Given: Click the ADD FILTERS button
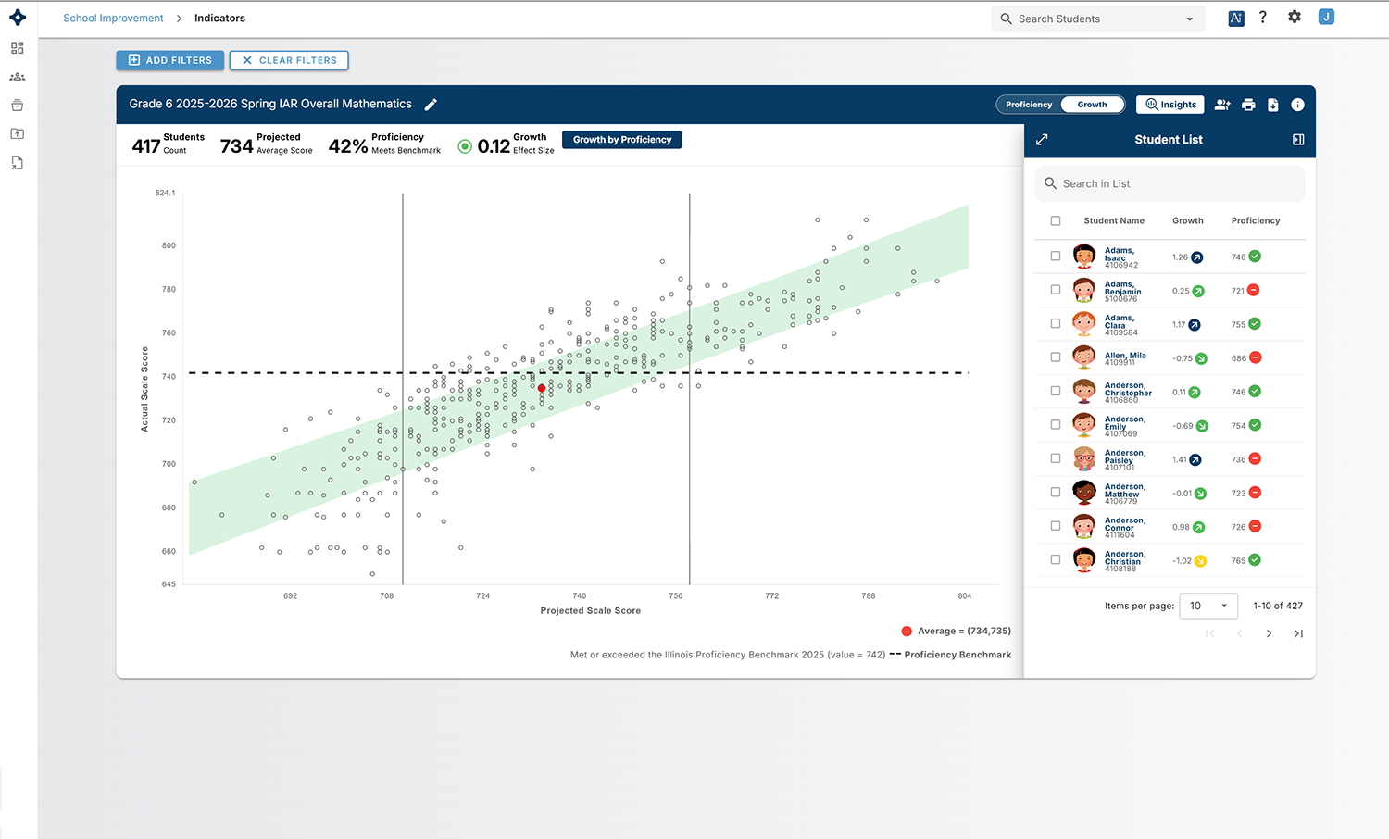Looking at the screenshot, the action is [169, 60].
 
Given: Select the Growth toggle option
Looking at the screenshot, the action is [1092, 104].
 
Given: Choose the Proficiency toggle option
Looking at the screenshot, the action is [1029, 104].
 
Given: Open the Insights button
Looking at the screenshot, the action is [1170, 104].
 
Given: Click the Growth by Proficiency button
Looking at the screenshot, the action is [622, 140].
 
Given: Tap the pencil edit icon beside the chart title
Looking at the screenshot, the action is [431, 104].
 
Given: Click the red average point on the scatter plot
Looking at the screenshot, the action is [542, 388].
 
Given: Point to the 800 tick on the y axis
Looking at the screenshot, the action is [169, 245].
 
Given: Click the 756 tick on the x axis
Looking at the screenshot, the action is [675, 596].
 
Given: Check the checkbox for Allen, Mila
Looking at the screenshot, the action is [1056, 357].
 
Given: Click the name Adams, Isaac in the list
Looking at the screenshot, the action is [1120, 255].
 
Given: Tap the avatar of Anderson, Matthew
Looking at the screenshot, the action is [1084, 493].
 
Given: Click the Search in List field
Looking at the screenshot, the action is [1170, 183].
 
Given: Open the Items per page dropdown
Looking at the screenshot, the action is [1208, 606].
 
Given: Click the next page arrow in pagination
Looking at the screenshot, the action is [1269, 633].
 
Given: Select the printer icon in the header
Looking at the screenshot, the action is [1248, 105].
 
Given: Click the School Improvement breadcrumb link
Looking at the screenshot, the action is [114, 18].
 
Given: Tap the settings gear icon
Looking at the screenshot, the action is [1295, 17].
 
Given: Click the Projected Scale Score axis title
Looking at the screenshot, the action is [591, 611].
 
